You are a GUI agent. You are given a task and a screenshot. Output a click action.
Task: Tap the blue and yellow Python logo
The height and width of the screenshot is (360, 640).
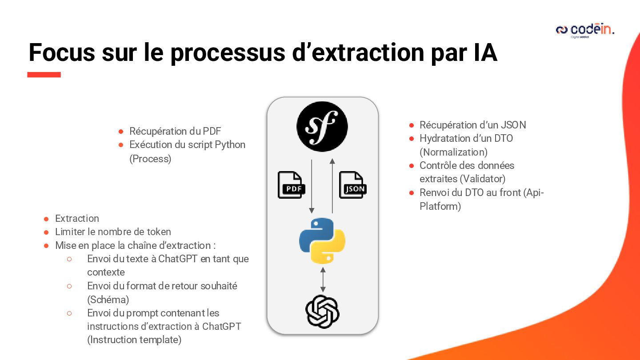pyautogui.click(x=322, y=240)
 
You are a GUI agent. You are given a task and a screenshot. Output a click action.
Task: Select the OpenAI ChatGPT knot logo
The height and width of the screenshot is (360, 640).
pyautogui.click(x=322, y=312)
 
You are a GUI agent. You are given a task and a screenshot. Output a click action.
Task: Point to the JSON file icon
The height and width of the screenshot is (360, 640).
pyautogui.click(x=353, y=185)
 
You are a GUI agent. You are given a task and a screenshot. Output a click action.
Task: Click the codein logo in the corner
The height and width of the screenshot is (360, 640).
pyautogui.click(x=585, y=30)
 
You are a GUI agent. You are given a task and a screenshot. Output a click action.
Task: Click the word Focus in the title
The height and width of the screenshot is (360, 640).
pyautogui.click(x=62, y=52)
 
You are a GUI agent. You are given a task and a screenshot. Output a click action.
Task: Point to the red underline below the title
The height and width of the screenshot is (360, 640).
pyautogui.click(x=44, y=75)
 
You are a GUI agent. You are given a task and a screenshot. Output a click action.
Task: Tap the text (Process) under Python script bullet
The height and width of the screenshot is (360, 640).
pyautogui.click(x=150, y=159)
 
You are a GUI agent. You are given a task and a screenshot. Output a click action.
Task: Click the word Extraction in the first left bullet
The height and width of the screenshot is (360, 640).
pyautogui.click(x=77, y=219)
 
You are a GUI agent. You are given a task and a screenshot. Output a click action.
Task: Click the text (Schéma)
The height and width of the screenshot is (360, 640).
pyautogui.click(x=108, y=300)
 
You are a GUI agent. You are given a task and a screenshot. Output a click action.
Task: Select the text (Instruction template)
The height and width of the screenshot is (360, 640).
pyautogui.click(x=134, y=340)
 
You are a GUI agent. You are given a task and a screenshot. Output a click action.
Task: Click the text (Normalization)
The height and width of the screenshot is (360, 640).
pyautogui.click(x=453, y=152)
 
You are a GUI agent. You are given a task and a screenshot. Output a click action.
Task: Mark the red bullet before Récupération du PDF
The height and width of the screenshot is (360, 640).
pyautogui.click(x=121, y=132)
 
